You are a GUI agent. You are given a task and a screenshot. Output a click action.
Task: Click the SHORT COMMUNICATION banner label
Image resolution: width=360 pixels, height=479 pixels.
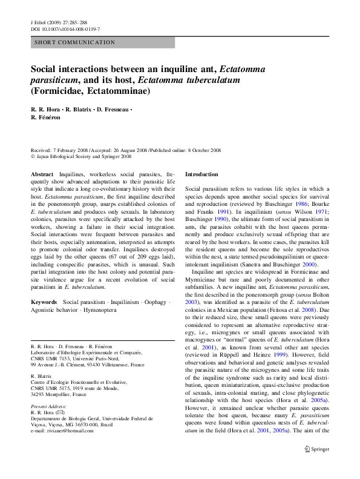coord(75,42)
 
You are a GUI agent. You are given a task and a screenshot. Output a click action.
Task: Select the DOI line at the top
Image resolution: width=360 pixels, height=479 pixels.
coord(65,29)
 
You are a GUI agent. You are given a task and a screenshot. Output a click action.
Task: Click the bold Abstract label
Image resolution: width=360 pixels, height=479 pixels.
coord(42,174)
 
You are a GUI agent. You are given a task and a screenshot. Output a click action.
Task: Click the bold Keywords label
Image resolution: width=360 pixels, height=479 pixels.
coord(44,302)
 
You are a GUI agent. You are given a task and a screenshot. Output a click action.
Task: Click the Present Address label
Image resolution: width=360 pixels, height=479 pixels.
coord(49,406)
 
